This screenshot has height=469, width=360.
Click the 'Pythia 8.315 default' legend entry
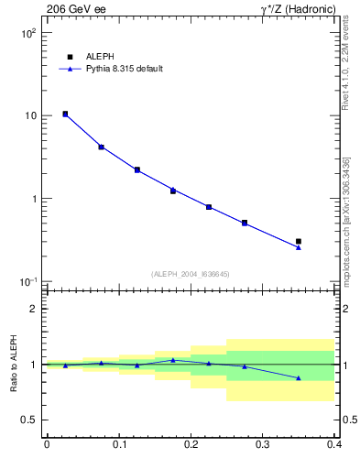[118, 69]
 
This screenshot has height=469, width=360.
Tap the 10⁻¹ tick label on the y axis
[27, 282]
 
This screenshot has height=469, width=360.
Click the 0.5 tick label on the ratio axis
[28, 420]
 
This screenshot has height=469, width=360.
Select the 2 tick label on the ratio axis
[33, 309]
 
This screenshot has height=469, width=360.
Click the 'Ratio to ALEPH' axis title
[14, 364]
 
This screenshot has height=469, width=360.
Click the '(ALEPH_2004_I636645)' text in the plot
[190, 273]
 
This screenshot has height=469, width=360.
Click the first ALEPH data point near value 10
[65, 115]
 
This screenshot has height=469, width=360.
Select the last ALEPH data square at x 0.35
[299, 241]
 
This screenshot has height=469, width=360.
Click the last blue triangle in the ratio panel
[299, 377]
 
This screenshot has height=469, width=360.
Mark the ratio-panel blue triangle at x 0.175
[172, 360]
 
